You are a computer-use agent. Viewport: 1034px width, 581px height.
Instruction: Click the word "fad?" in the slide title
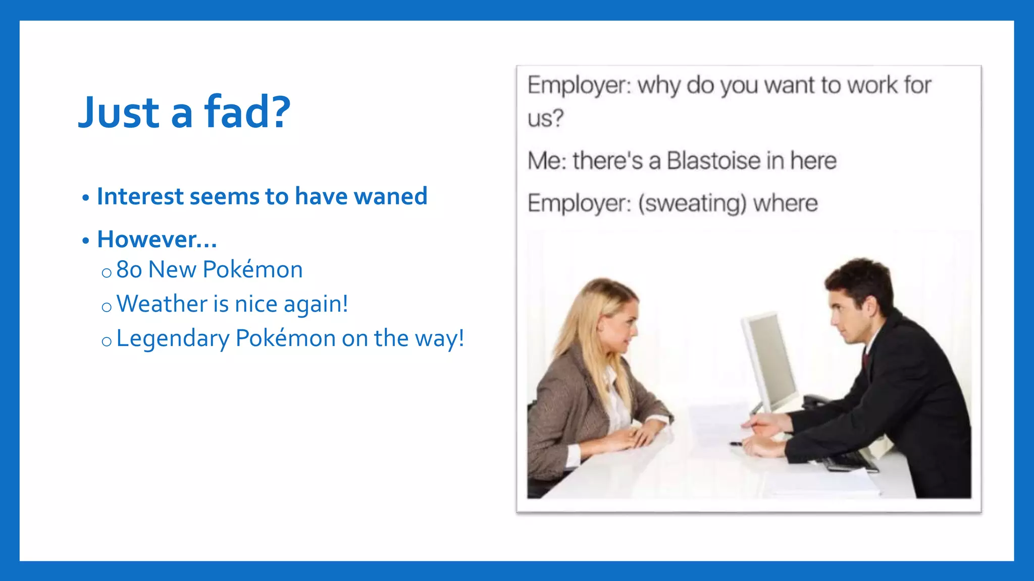point(247,112)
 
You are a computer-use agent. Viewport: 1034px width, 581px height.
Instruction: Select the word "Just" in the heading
point(119,112)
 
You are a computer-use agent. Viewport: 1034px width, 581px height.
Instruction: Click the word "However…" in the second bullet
point(157,240)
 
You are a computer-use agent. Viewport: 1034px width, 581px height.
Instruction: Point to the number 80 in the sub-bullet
point(129,270)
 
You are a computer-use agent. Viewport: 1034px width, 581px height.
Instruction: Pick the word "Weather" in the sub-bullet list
point(162,304)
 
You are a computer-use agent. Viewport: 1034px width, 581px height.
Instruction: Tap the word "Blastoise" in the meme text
point(713,161)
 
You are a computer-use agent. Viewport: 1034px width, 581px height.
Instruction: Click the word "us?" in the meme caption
point(545,119)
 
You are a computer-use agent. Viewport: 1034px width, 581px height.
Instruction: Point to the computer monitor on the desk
point(770,361)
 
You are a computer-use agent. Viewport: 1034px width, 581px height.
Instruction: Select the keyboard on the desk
point(848,460)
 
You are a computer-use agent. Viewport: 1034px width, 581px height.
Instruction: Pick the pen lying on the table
point(737,444)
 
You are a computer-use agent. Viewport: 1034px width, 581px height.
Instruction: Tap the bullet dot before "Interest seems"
point(86,198)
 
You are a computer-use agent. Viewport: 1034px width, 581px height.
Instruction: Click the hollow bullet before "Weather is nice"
point(106,307)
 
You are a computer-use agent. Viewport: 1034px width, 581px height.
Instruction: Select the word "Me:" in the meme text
point(547,161)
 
